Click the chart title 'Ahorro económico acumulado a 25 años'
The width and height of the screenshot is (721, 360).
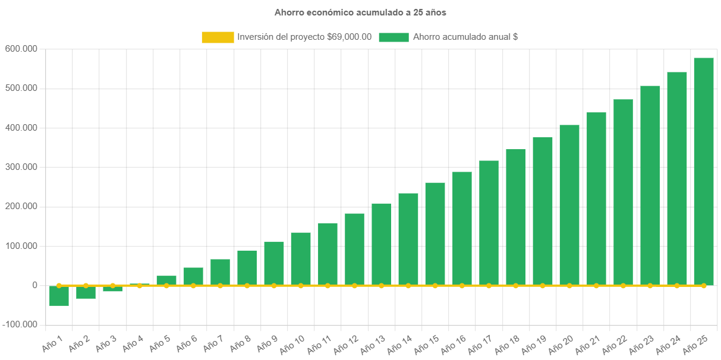pyautogui.click(x=360, y=12)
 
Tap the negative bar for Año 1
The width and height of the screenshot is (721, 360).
pyautogui.click(x=59, y=296)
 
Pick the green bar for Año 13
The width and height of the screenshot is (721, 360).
pyautogui.click(x=381, y=244)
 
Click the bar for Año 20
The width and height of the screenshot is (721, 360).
pyautogui.click(x=569, y=205)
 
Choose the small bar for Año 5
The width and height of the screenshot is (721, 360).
pyautogui.click(x=166, y=280)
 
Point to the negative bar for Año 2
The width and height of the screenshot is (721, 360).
pyautogui.click(x=86, y=292)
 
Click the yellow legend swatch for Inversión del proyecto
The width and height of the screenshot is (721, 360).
pyautogui.click(x=218, y=37)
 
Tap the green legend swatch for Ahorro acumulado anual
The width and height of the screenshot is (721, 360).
pyautogui.click(x=393, y=37)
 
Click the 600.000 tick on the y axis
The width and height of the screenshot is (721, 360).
pyautogui.click(x=21, y=48)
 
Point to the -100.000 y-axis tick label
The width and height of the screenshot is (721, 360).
pyautogui.click(x=19, y=324)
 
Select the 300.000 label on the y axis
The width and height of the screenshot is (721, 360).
pyautogui.click(x=21, y=167)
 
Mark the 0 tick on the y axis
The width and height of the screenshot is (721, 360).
pyautogui.click(x=35, y=285)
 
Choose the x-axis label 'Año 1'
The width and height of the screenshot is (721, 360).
pyautogui.click(x=52, y=342)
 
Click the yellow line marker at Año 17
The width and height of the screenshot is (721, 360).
pyautogui.click(x=489, y=286)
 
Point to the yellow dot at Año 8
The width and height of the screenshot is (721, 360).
pyautogui.click(x=247, y=286)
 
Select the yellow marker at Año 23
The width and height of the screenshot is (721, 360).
pyautogui.click(x=650, y=286)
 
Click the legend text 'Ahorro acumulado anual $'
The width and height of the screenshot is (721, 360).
pyautogui.click(x=465, y=37)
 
